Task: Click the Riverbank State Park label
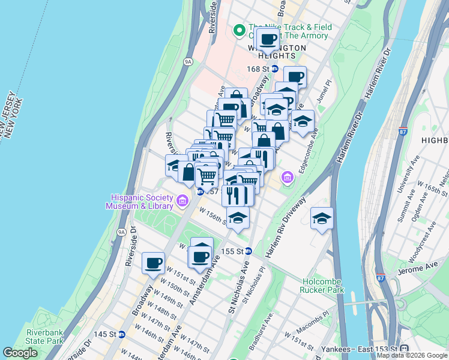[44, 337]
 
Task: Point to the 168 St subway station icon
[274, 69]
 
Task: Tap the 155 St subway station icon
[247, 251]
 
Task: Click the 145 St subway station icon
[122, 334]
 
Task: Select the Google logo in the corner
[20, 353]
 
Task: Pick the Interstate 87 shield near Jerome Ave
[381, 278]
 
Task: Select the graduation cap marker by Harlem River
[322, 218]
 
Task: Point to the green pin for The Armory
[238, 29]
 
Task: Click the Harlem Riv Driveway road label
[287, 226]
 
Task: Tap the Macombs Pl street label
[312, 319]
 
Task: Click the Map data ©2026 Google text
[411, 355]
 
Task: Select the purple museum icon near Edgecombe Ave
[288, 177]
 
